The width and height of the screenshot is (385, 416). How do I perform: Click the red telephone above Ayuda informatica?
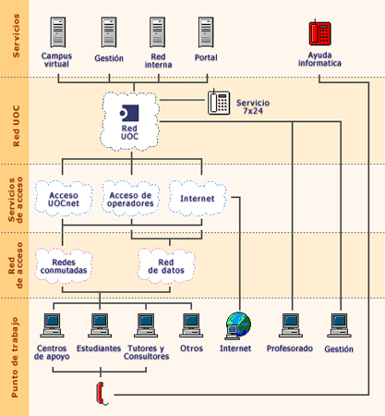click(x=319, y=33)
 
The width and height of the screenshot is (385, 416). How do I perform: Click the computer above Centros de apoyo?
click(x=54, y=324)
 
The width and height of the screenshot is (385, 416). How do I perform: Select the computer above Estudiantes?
click(x=99, y=324)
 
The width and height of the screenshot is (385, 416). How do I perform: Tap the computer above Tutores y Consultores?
click(x=145, y=324)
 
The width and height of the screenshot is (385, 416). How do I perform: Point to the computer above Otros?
click(x=191, y=324)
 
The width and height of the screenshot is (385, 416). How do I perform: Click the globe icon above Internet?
click(x=238, y=324)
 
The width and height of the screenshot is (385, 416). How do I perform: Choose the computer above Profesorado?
click(x=290, y=324)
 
